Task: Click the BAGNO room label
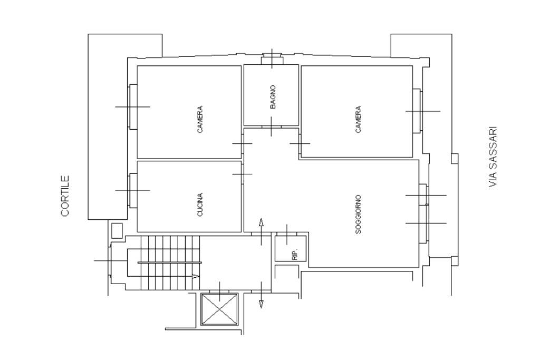273,97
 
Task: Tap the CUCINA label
200,205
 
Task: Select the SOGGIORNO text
358,215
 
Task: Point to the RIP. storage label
294,254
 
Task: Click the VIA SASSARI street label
493,158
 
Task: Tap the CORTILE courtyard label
65,196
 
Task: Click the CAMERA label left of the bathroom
200,120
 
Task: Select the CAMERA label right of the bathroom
358,120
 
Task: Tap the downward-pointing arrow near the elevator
261,295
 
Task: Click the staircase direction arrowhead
196,276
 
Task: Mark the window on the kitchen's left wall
133,190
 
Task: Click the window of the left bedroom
133,106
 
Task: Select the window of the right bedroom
417,111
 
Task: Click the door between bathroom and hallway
272,127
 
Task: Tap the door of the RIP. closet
287,234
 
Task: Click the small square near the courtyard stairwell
117,231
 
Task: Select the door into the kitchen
243,174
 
